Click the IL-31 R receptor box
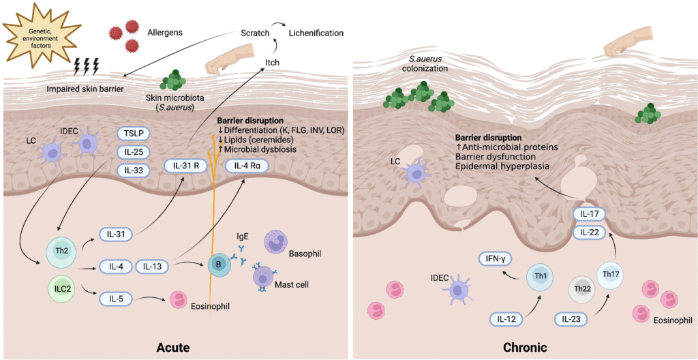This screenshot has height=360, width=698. point(187,165)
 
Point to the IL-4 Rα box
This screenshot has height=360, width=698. point(250,165)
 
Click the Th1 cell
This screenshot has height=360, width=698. point(543,280)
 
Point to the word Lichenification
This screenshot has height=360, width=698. point(316,33)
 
